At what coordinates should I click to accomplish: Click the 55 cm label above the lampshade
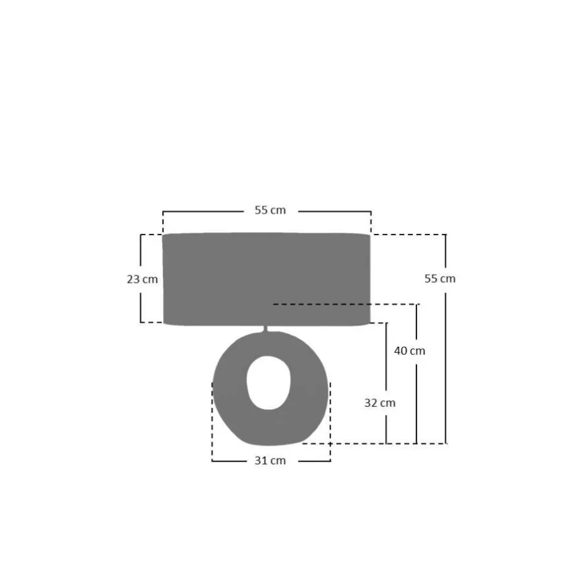coord(270,210)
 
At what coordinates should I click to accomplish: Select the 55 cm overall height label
coord(439,279)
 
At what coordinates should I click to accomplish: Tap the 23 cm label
coord(142,279)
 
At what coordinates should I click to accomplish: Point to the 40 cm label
coord(410,351)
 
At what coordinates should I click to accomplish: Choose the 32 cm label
coord(379,403)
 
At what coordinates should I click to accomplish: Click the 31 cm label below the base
coord(270,461)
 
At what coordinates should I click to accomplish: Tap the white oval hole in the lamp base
coord(268,383)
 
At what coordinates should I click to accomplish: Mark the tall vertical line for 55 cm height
coord(446,370)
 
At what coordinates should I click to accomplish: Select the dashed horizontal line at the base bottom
coord(370,443)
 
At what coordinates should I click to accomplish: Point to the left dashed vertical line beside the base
coord(212,420)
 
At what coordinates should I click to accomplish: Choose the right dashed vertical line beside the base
coord(330,420)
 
